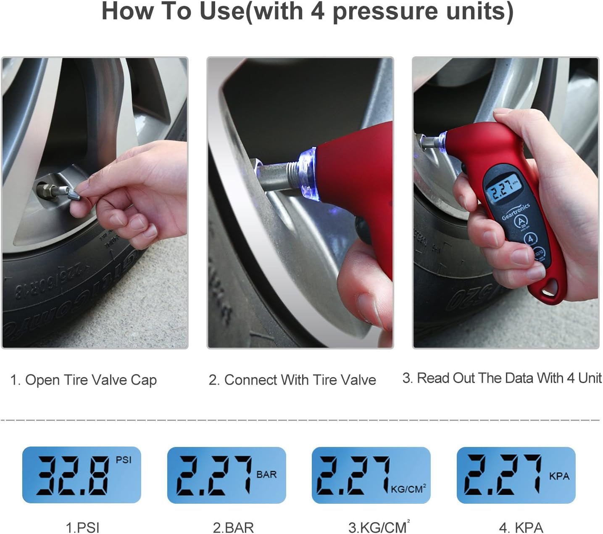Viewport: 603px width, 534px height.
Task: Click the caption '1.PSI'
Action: tap(83, 527)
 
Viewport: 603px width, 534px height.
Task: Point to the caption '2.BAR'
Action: tap(233, 527)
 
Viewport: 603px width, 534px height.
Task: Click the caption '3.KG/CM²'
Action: tap(379, 527)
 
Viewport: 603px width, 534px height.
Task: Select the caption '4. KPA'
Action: tap(521, 527)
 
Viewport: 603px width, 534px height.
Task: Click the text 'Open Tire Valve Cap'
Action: tap(91, 380)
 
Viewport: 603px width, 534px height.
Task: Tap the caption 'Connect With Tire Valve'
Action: tap(300, 380)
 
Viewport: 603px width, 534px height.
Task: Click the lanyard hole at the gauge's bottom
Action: tap(549, 289)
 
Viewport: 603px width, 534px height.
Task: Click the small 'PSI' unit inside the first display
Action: tap(124, 460)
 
